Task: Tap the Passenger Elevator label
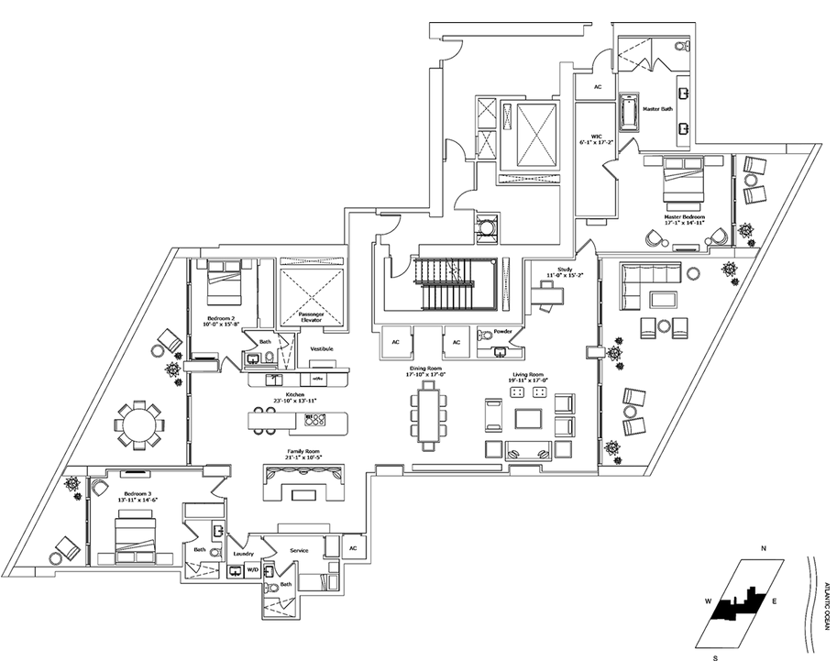pyautogui.click(x=311, y=318)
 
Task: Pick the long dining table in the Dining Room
pyautogui.click(x=428, y=415)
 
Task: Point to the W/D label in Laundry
pyautogui.click(x=252, y=570)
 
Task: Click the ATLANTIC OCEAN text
pyautogui.click(x=825, y=605)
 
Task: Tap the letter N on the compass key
pyautogui.click(x=763, y=548)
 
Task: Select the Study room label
pyautogui.click(x=559, y=271)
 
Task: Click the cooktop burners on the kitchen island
pyautogui.click(x=316, y=421)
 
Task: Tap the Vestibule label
pyautogui.click(x=321, y=349)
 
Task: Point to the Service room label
pyautogui.click(x=298, y=550)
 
